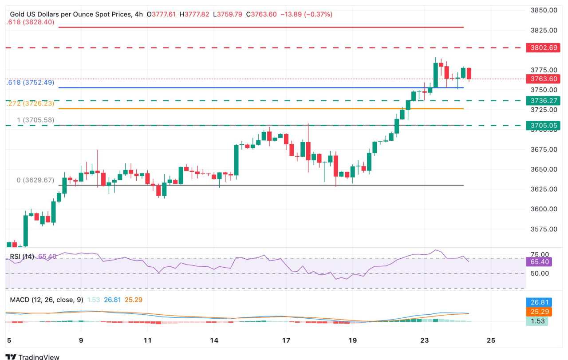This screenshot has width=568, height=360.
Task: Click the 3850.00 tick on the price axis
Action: (544, 10)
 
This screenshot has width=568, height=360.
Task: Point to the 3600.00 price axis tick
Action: (544, 209)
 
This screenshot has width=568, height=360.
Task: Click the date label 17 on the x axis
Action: (286, 340)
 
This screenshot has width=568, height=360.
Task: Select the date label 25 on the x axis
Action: (490, 340)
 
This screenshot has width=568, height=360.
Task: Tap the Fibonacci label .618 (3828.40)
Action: (30, 22)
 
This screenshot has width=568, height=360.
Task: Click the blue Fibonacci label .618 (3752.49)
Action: (30, 83)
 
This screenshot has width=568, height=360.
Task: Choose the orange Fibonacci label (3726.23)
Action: (30, 103)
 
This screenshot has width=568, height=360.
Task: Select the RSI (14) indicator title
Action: (22, 257)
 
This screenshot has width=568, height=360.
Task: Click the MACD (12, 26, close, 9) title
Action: (47, 300)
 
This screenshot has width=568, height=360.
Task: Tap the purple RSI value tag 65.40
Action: (539, 262)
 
